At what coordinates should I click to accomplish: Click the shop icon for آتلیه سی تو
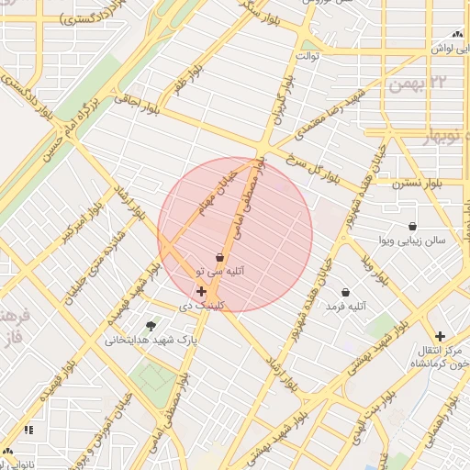(219, 258)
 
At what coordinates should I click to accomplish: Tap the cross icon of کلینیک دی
(201, 291)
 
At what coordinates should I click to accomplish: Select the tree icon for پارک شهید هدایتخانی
(151, 325)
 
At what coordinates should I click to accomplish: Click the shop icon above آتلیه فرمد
(345, 292)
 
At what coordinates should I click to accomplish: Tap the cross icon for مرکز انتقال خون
(441, 336)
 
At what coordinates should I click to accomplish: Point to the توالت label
(306, 56)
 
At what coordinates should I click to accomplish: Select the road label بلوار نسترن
(418, 184)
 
